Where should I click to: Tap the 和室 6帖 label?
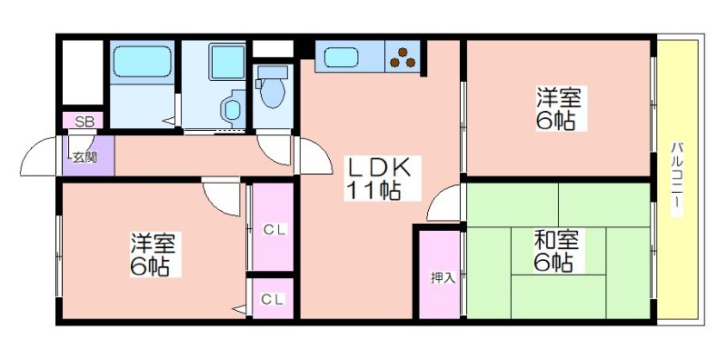(x=556, y=252)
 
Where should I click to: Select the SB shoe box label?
(x=85, y=122)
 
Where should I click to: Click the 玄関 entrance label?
(x=85, y=158)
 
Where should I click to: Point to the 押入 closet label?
(x=443, y=278)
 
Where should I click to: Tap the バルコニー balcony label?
(x=677, y=179)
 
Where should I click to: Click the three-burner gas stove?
(x=403, y=57)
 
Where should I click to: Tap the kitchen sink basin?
(x=341, y=57)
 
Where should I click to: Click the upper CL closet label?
(x=275, y=229)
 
